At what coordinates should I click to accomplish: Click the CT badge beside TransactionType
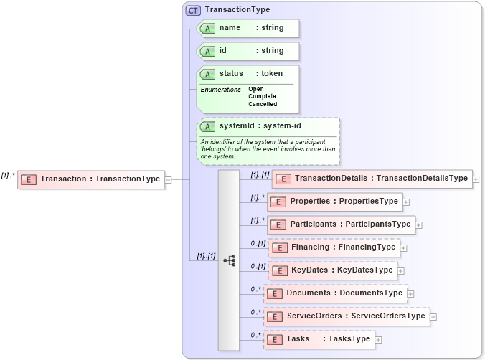click(193, 10)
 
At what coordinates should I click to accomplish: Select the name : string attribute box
click(248, 28)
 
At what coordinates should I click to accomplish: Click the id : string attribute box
click(248, 51)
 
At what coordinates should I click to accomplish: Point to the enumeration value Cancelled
click(263, 104)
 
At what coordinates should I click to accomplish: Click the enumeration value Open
click(256, 89)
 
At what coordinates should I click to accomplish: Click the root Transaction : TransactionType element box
click(91, 179)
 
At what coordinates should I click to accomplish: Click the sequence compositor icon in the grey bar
click(229, 260)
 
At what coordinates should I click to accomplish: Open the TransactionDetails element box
click(372, 179)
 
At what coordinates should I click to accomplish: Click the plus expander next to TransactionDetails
click(476, 179)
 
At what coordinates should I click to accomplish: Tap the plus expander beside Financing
click(404, 247)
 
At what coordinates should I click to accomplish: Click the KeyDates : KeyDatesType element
click(333, 270)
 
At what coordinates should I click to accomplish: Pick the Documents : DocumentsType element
click(336, 293)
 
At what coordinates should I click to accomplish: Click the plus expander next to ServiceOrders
click(433, 316)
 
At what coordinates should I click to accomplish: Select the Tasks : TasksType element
click(319, 339)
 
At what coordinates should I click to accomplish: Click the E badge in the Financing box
click(280, 247)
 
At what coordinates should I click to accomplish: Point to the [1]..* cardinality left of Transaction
click(8, 174)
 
